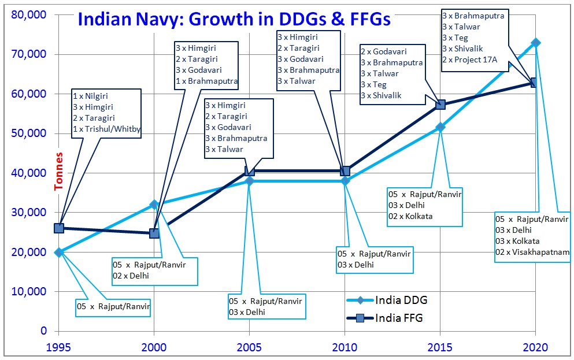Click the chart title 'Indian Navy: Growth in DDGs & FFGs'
click(x=234, y=19)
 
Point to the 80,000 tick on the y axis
click(x=29, y=14)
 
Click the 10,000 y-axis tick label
click(x=29, y=291)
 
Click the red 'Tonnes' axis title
click(x=59, y=172)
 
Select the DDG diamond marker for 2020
click(x=536, y=43)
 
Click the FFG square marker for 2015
click(x=440, y=105)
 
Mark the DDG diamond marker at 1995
click(x=58, y=252)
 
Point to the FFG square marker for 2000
click(x=154, y=233)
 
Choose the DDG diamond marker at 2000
click(x=154, y=204)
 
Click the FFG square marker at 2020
click(x=535, y=83)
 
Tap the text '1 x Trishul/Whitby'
click(x=106, y=129)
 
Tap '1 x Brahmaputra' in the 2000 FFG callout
click(x=205, y=81)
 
